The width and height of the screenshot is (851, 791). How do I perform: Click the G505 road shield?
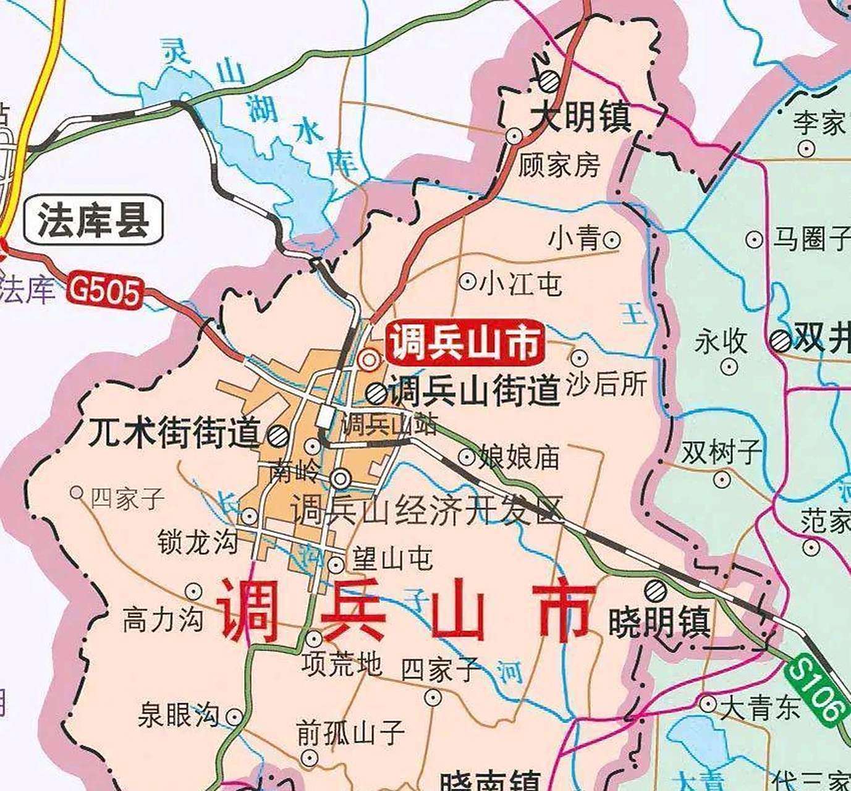coord(105,290)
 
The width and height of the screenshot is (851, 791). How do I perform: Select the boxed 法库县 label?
coord(93,220)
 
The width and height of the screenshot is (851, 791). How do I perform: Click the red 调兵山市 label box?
coord(465,342)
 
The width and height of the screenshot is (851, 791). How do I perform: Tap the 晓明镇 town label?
coord(659,622)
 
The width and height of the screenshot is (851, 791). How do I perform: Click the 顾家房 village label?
coord(559,165)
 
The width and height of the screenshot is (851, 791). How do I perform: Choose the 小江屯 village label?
coord(520,283)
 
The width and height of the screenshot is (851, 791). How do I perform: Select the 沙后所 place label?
coord(606,383)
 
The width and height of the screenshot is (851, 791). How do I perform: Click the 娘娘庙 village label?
coord(519,457)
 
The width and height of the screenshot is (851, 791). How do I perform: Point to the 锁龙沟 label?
coord(198,541)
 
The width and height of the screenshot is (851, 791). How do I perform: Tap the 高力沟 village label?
coord(163,619)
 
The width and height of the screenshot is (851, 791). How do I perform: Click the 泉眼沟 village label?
coord(179,715)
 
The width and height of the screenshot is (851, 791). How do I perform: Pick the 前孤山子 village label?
coord(350,733)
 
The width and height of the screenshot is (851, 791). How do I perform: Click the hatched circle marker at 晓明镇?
coord(655,591)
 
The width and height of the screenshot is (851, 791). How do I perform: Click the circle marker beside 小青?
coord(611,239)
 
